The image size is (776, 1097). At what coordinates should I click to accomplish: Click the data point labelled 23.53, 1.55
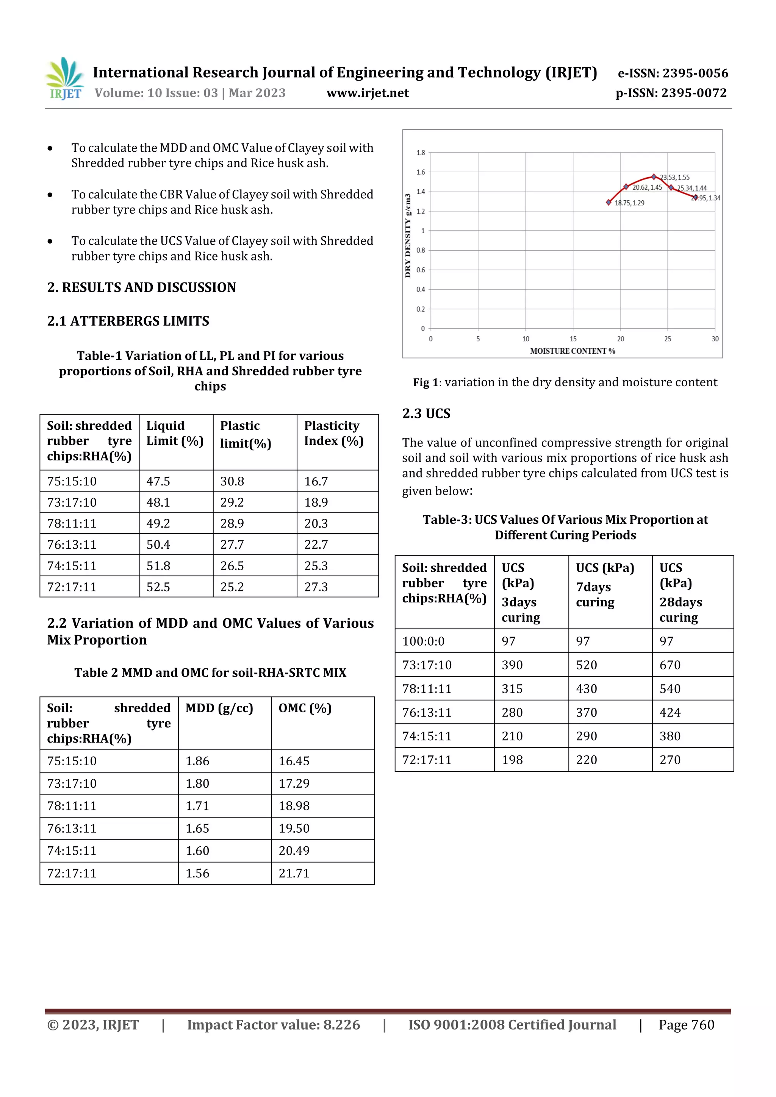tap(654, 177)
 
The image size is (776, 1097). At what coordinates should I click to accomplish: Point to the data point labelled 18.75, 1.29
tap(608, 202)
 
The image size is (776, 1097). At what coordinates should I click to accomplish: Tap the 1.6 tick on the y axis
tap(420, 172)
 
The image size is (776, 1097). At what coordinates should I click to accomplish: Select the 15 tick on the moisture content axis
tap(573, 339)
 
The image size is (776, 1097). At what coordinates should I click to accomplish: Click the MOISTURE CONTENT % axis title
tap(572, 351)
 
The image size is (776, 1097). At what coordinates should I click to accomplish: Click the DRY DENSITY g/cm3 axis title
tap(408, 236)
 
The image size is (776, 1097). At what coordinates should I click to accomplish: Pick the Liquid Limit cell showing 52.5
tap(158, 587)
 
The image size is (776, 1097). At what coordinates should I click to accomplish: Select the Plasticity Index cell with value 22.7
tap(316, 545)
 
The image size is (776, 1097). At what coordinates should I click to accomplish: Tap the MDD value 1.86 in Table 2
tap(197, 761)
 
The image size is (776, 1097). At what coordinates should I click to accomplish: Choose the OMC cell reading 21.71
tap(294, 873)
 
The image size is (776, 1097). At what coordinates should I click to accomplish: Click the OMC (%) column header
tap(305, 708)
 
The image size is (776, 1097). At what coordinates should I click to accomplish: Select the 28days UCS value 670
tap(670, 665)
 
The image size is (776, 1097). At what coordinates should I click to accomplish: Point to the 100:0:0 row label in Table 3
tap(423, 641)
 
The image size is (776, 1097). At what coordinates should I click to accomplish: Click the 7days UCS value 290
tap(586, 736)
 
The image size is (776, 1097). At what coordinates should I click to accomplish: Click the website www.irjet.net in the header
tap(367, 93)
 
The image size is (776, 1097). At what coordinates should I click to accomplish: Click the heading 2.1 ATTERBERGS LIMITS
tap(128, 321)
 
